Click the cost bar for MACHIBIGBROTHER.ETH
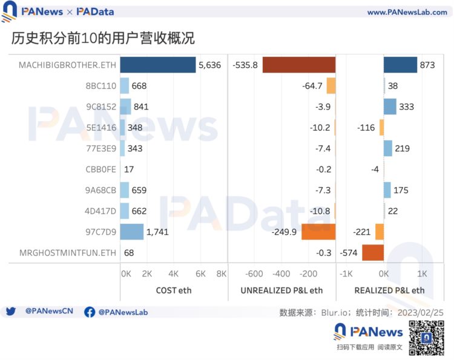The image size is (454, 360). click(x=158, y=65)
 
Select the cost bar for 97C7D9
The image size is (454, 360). click(x=131, y=232)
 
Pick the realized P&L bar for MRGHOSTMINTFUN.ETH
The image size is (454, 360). click(x=373, y=252)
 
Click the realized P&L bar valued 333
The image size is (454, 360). click(x=390, y=107)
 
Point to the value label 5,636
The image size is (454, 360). click(x=210, y=65)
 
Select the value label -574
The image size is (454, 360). click(x=349, y=252)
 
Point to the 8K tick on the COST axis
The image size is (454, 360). click(x=221, y=273)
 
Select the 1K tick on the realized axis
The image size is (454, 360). click(x=423, y=273)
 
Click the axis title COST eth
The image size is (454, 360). click(x=173, y=290)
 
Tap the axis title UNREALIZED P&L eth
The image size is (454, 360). click(x=281, y=290)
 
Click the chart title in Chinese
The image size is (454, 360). click(x=103, y=38)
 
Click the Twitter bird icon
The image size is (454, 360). click(x=10, y=312)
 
